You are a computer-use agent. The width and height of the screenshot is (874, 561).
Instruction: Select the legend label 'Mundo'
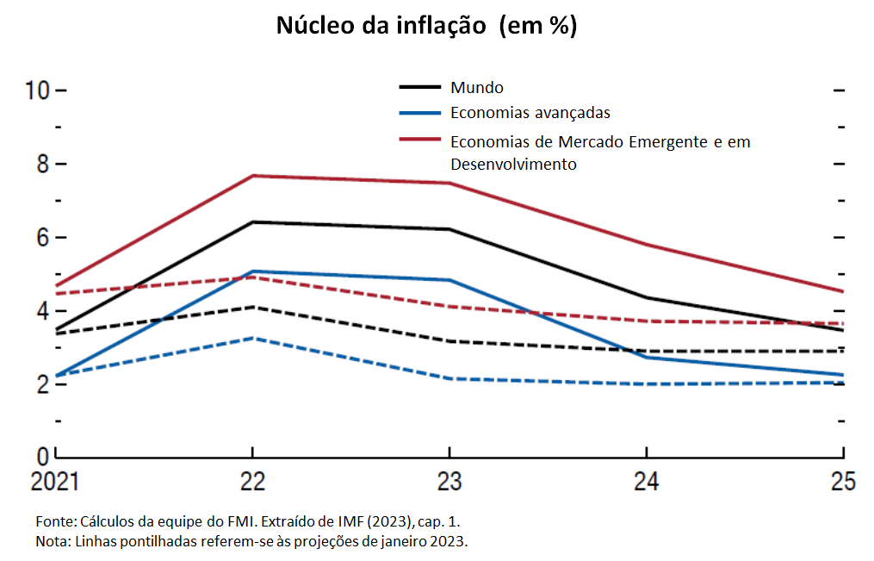476,87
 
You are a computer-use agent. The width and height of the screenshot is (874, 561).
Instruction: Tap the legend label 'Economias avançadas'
530,112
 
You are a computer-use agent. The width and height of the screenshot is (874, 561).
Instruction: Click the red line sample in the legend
421,138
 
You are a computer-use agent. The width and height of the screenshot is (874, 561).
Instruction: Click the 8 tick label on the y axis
40,164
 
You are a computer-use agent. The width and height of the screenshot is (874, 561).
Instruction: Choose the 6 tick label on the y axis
40,237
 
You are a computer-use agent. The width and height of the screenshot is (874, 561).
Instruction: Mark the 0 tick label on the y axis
40,455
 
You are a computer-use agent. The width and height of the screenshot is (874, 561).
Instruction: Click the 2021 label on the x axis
55,482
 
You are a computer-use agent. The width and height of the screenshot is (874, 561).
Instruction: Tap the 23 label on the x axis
449,482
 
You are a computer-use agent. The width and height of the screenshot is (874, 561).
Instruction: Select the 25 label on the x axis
843,482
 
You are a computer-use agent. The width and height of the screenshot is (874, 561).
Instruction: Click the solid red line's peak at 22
252,176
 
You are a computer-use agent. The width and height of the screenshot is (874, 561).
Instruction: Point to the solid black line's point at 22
252,222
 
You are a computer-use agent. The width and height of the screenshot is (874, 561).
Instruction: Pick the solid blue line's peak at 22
252,271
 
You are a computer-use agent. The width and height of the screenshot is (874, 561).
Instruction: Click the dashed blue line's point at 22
252,338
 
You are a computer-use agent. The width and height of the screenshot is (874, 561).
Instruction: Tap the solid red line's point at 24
646,245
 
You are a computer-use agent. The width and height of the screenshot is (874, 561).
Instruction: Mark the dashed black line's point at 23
449,341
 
